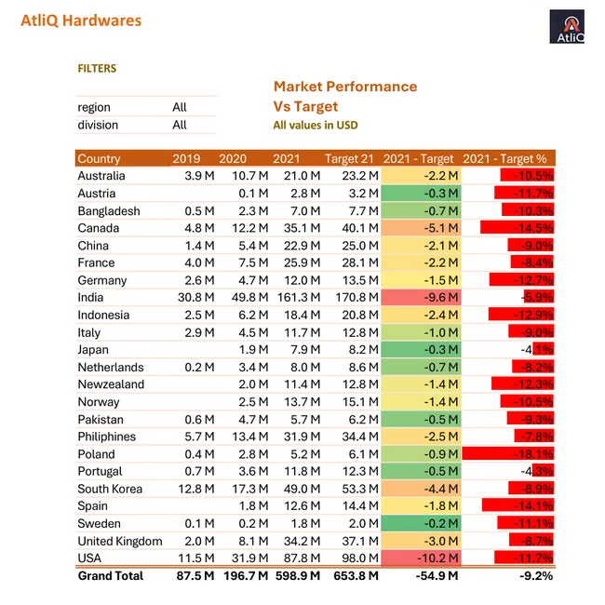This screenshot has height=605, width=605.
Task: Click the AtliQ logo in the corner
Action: [x=567, y=27]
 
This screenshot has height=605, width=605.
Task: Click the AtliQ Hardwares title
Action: [x=81, y=20]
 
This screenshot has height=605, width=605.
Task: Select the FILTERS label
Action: [x=97, y=68]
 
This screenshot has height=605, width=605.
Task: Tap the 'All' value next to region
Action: [x=180, y=107]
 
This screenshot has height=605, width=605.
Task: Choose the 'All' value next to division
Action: [x=180, y=125]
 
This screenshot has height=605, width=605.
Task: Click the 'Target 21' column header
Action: [x=352, y=158]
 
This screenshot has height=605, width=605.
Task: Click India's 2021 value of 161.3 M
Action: [x=297, y=298]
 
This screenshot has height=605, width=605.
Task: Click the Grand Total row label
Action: [x=111, y=576]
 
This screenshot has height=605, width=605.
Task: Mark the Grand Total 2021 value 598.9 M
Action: [x=297, y=576]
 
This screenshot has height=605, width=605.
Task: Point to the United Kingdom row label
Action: [x=120, y=541]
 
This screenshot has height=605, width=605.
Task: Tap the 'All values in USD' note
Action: [x=316, y=126]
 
